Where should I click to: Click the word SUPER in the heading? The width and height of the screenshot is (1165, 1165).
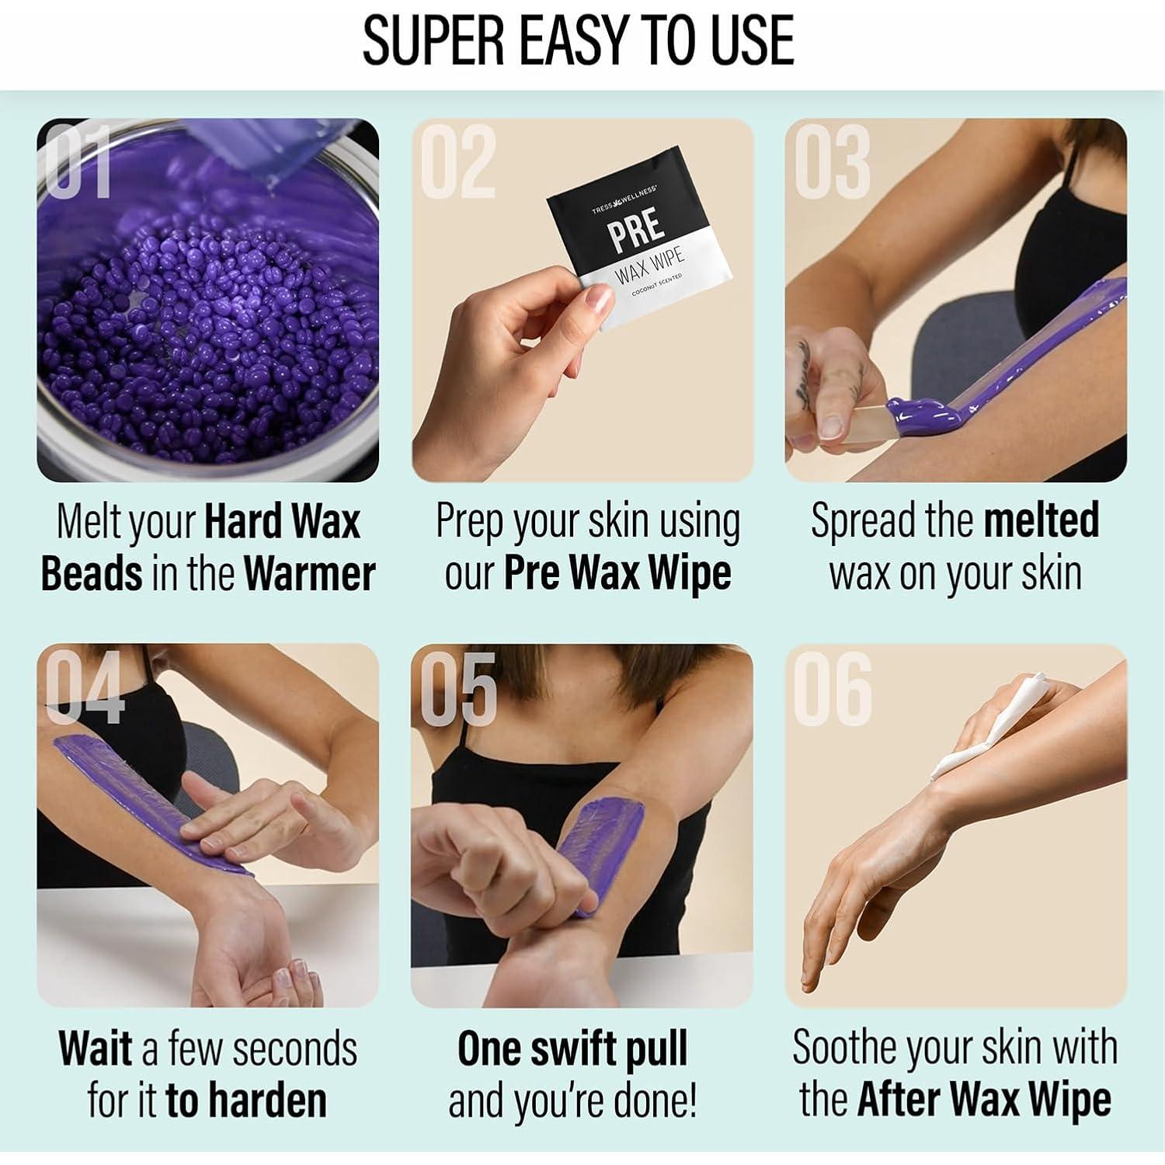[435, 40]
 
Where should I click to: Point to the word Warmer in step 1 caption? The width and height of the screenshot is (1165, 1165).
[309, 574]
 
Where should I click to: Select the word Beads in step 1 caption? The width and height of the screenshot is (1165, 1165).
[92, 574]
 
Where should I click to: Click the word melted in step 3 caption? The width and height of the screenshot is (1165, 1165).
[1041, 520]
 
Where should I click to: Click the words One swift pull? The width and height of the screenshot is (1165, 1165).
[572, 1048]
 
